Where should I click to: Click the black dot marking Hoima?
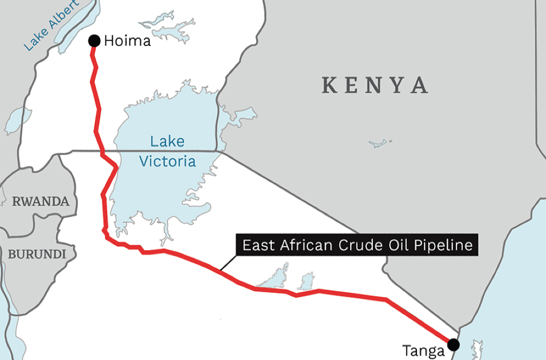[x=94, y=41]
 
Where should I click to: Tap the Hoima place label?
[x=127, y=41]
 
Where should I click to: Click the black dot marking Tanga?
[x=454, y=344]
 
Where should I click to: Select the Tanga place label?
[x=423, y=351]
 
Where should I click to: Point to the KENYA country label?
[x=375, y=85]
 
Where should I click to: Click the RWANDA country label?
[x=41, y=202]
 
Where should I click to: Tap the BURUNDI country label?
[x=37, y=254]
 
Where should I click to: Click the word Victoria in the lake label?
[x=167, y=161]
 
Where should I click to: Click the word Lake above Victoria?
[x=167, y=141]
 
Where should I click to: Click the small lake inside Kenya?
[x=380, y=143]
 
